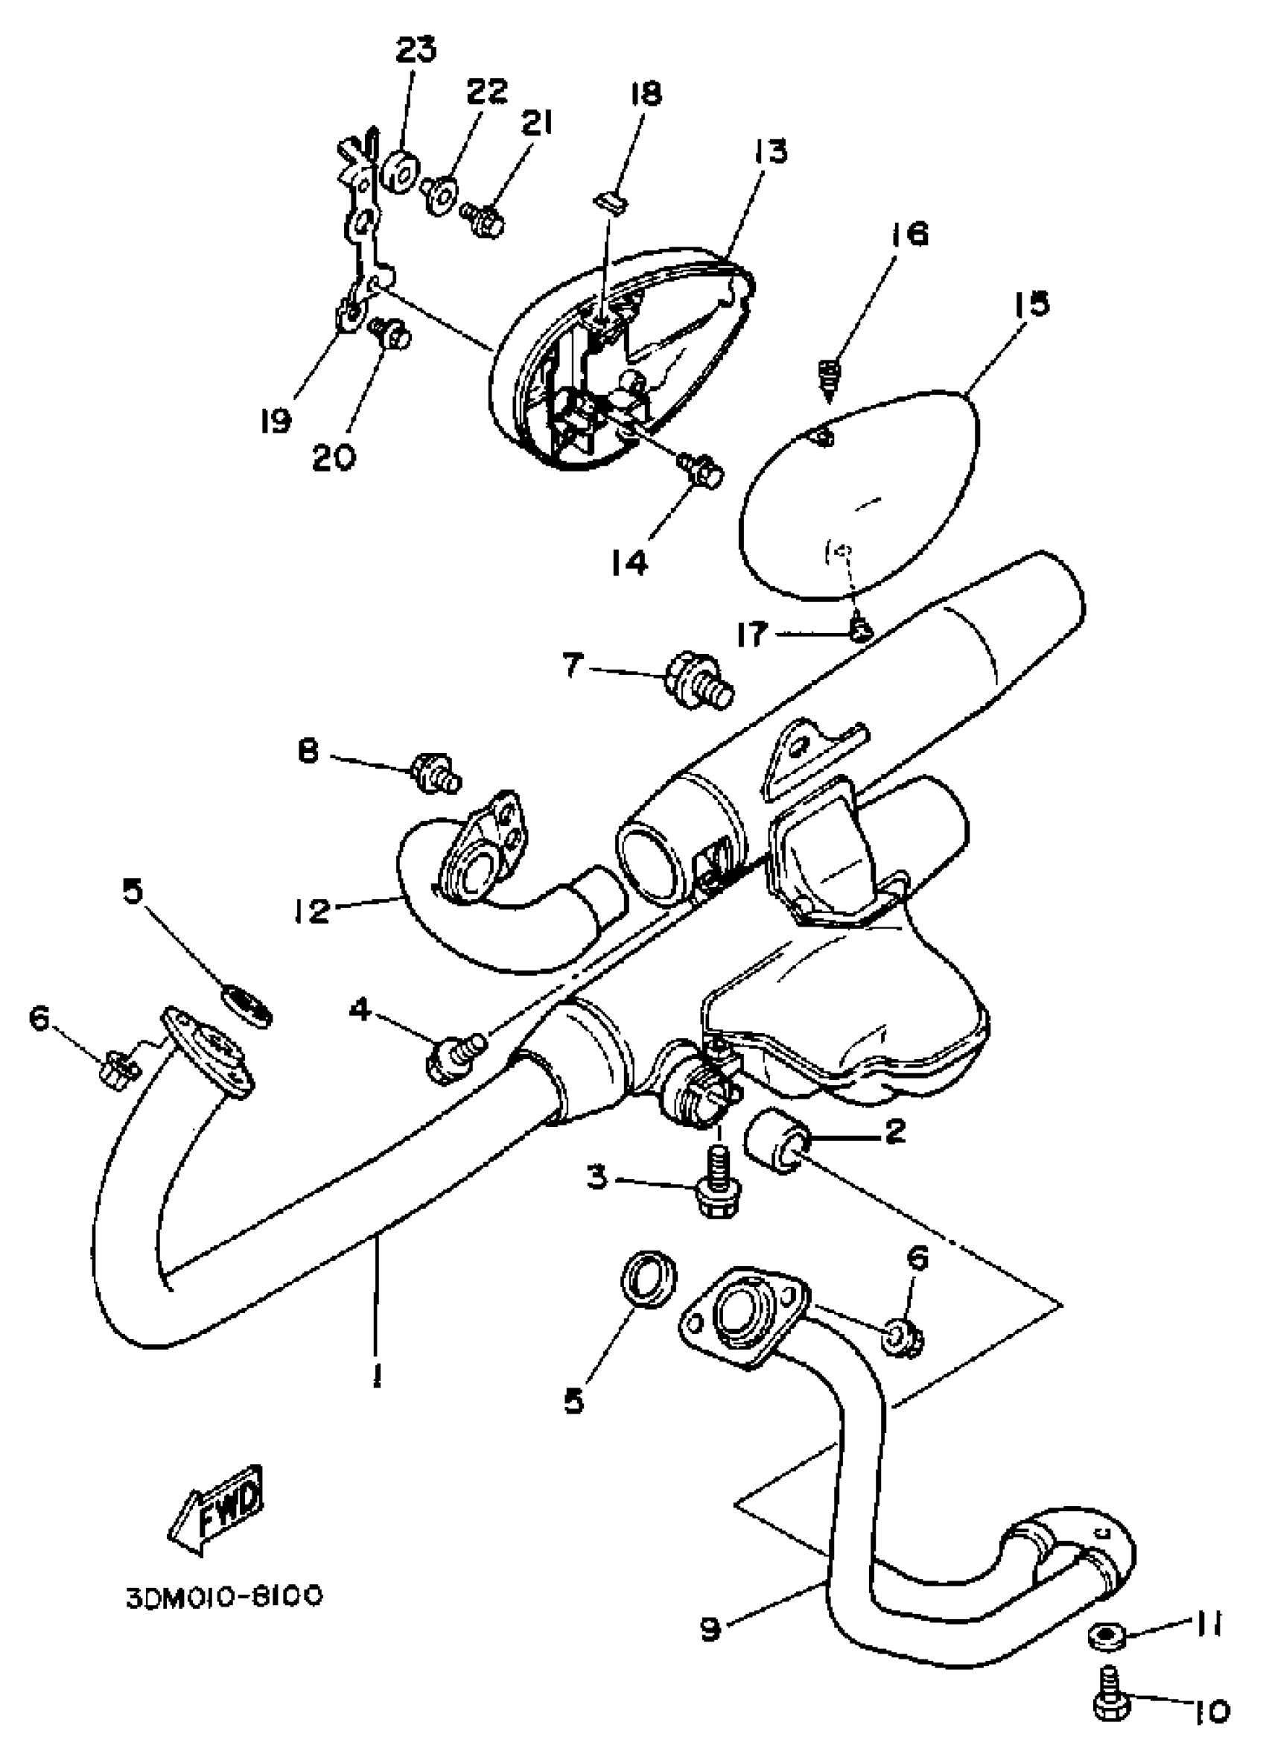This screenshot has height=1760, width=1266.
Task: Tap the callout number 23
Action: point(416,50)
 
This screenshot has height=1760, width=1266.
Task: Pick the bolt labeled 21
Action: point(482,219)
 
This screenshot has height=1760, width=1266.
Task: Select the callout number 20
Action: point(334,457)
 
